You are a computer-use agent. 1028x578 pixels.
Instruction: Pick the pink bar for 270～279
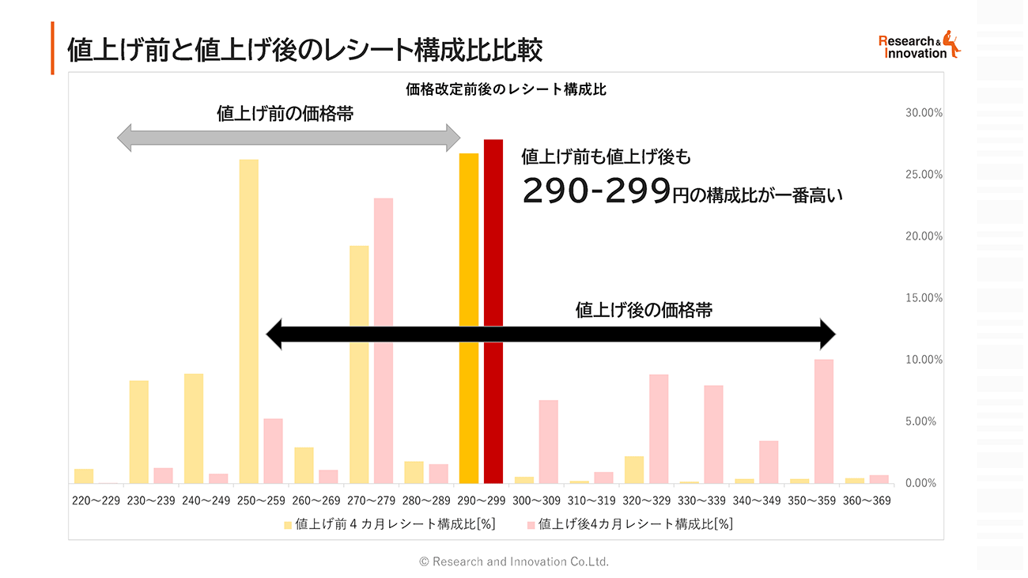coord(384,340)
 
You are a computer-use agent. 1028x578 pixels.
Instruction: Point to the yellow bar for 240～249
coord(194,428)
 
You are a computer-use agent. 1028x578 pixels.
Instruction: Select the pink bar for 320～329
coord(659,428)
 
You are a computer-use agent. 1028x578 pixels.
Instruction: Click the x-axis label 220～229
coord(96,501)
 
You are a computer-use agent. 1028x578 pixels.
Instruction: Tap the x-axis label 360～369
coord(867,501)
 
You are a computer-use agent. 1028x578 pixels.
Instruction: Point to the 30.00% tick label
coord(924,113)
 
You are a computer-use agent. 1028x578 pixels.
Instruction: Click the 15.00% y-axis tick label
coord(924,298)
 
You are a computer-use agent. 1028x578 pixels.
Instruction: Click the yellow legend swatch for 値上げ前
coord(288,524)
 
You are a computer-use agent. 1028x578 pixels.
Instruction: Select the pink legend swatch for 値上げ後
coord(531,524)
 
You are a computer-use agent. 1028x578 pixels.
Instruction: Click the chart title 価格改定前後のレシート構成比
coord(506,89)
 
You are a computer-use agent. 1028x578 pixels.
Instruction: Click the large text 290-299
coord(595,191)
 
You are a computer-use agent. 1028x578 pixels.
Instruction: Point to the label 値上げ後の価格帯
coord(644,310)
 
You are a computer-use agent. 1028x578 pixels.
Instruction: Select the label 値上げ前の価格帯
coord(285,114)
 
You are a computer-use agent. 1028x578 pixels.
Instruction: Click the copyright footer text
coord(514,561)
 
